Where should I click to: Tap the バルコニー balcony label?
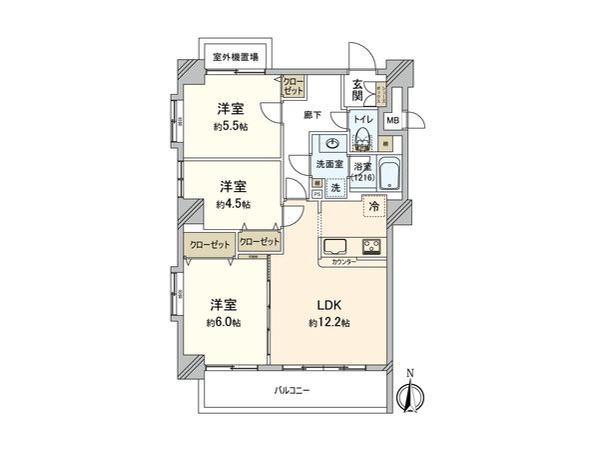click(x=291, y=390)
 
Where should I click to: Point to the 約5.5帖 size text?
click(x=231, y=127)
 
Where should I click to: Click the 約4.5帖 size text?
click(x=231, y=203)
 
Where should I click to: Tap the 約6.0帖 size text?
click(x=225, y=322)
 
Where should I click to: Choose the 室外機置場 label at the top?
click(x=236, y=57)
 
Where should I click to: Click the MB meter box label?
click(x=392, y=122)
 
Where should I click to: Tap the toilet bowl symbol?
click(x=360, y=140)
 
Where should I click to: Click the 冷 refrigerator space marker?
click(x=373, y=207)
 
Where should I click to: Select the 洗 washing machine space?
click(x=334, y=186)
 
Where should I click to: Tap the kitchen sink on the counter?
click(x=334, y=247)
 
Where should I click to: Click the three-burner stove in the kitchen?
click(x=370, y=247)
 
